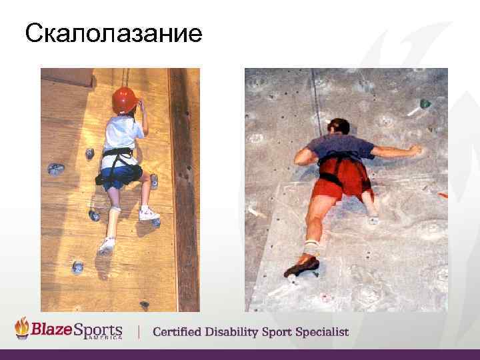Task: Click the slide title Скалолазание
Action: coord(113,33)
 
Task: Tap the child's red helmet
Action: coord(125,99)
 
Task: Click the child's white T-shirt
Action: coord(123,135)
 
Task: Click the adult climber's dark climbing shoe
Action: coord(301,267)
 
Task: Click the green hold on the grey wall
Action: coord(423,104)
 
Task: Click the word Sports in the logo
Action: coord(99,329)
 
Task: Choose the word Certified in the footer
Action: coord(181,332)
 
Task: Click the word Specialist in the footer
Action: coord(323,332)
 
